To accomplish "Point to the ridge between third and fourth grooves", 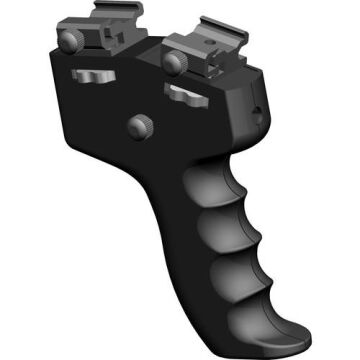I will [x=271, y=293].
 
